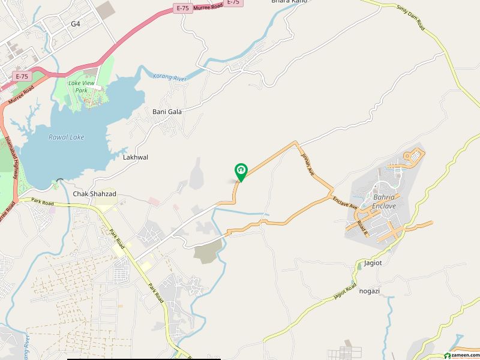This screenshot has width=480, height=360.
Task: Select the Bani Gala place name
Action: coord(167,112)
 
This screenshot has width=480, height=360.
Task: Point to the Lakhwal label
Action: coord(135,157)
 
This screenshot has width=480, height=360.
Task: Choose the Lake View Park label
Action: coord(83,86)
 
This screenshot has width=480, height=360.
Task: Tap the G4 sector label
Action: coord(75,23)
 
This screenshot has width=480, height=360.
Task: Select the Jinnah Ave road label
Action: coord(308,160)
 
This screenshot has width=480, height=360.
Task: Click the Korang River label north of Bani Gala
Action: coord(170,76)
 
